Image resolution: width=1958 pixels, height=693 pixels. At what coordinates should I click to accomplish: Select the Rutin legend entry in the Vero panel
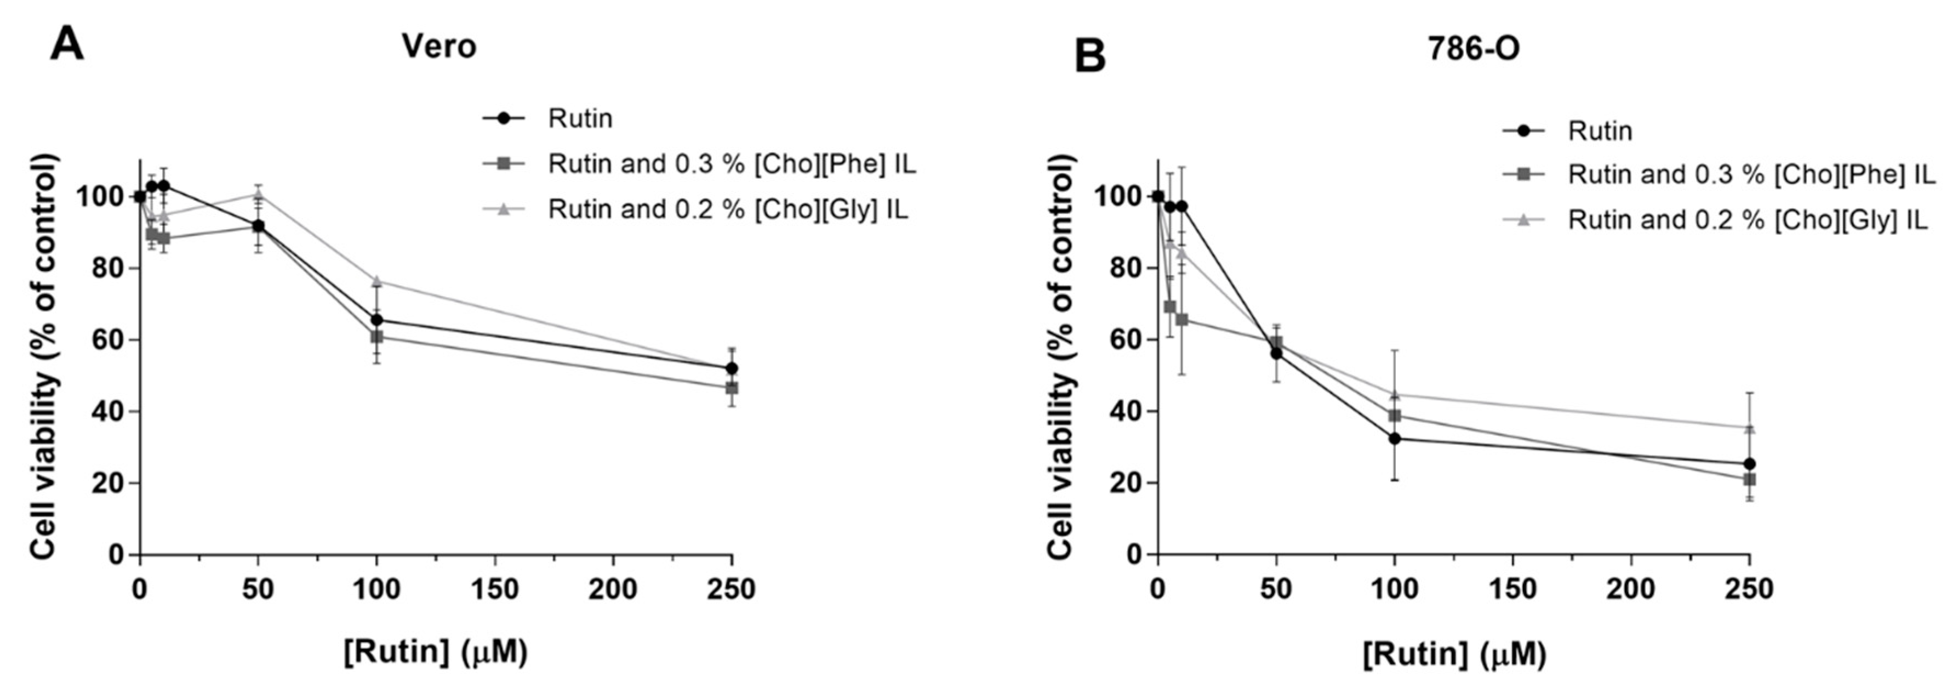[x=580, y=118]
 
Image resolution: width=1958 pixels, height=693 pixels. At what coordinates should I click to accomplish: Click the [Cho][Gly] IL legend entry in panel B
[x=1748, y=220]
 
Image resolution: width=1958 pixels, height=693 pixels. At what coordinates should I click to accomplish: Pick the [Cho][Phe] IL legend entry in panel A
[x=732, y=164]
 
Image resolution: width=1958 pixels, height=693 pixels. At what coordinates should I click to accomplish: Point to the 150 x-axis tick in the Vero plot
[x=495, y=589]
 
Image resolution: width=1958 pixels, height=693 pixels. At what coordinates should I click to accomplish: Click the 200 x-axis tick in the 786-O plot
[x=1631, y=589]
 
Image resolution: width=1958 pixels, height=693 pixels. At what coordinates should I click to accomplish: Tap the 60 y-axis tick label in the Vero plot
[x=107, y=340]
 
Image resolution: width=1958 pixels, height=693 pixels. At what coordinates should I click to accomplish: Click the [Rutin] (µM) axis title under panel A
[x=436, y=652]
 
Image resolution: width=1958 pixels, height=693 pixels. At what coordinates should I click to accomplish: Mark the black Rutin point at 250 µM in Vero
[x=731, y=368]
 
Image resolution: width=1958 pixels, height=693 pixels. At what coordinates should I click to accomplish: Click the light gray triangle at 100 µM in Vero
[x=376, y=281]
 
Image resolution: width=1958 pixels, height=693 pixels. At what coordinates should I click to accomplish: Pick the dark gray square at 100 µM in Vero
[x=376, y=336]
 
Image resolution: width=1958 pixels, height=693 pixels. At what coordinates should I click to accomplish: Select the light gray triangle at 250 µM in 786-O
[x=1749, y=428]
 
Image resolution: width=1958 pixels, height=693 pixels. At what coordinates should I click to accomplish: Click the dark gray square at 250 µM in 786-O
[x=1749, y=479]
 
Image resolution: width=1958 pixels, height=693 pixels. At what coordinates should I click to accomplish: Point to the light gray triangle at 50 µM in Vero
[x=259, y=194]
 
